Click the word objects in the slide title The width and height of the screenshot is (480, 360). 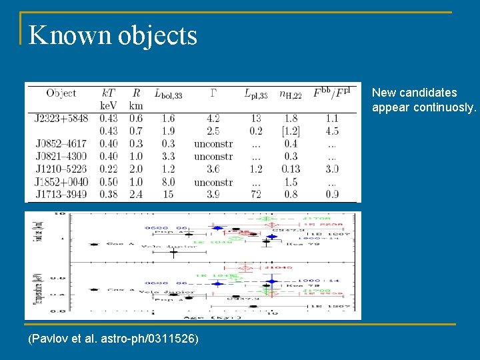click(x=158, y=35)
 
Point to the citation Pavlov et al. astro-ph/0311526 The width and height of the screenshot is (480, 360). click(x=113, y=339)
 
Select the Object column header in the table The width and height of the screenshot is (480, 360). click(x=61, y=93)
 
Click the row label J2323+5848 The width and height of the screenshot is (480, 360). click(x=61, y=119)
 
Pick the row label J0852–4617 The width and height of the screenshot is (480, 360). click(x=61, y=144)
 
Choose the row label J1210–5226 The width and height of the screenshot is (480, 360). click(x=61, y=169)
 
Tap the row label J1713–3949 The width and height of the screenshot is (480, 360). click(x=61, y=195)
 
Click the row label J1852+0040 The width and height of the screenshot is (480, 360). click(x=61, y=182)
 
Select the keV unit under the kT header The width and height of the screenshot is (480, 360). click(x=109, y=106)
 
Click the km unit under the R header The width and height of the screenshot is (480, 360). click(x=136, y=106)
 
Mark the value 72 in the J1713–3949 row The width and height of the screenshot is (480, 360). click(x=256, y=195)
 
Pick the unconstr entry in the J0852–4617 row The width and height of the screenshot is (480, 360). click(x=213, y=144)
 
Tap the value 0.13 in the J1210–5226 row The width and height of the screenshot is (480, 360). click(x=291, y=169)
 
